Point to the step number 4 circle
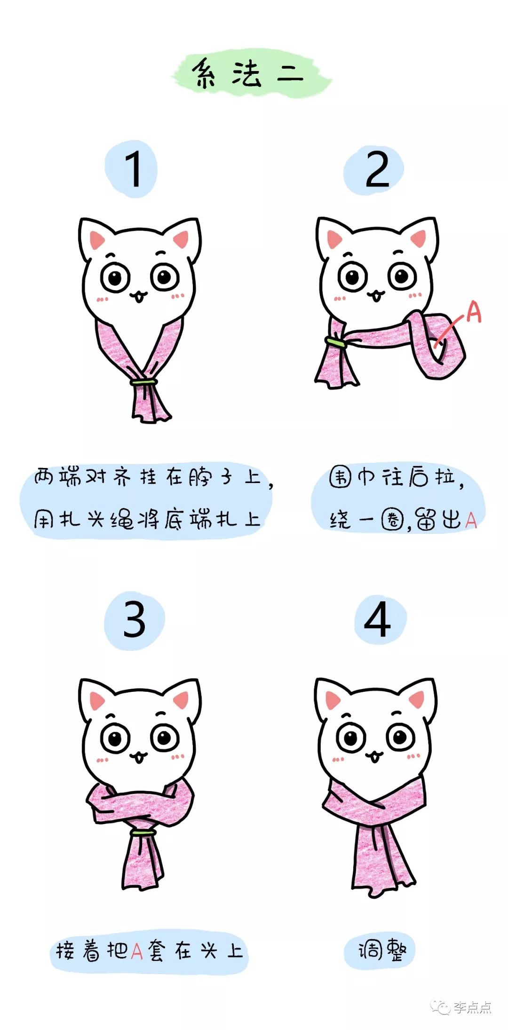point(379,620)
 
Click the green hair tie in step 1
point(144,381)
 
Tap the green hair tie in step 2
point(335,342)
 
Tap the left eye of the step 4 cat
point(350,738)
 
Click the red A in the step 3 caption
point(137,951)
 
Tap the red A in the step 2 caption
point(471,521)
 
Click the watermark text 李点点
point(472,1007)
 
